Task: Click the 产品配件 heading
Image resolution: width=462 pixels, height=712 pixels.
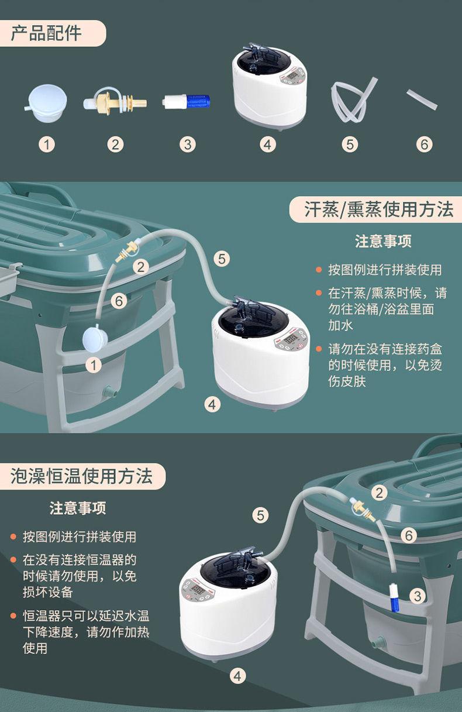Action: pyautogui.click(x=46, y=33)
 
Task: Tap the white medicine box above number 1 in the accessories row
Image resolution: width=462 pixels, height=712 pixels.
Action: pyautogui.click(x=46, y=103)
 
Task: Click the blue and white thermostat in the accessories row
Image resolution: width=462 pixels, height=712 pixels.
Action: pyautogui.click(x=186, y=102)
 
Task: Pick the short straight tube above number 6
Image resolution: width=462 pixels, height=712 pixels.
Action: pyautogui.click(x=422, y=99)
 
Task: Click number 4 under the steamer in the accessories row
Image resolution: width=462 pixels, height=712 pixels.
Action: pyautogui.click(x=267, y=145)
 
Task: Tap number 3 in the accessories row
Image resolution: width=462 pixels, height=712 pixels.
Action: pyautogui.click(x=188, y=145)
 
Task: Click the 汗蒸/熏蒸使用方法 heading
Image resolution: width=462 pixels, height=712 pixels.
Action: pyautogui.click(x=378, y=209)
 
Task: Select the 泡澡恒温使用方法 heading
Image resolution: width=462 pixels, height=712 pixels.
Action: pyautogui.click(x=82, y=476)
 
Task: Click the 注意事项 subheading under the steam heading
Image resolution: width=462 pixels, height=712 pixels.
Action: pyautogui.click(x=383, y=241)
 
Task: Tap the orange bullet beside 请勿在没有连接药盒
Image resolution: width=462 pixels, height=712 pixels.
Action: pyautogui.click(x=319, y=349)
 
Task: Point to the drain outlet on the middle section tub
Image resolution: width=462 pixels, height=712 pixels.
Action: pyautogui.click(x=110, y=391)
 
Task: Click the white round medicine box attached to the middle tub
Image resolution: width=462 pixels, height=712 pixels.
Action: pyautogui.click(x=94, y=338)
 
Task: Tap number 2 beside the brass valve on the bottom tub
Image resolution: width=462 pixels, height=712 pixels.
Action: pyautogui.click(x=380, y=493)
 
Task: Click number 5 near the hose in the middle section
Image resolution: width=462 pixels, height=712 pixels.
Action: pyautogui.click(x=222, y=259)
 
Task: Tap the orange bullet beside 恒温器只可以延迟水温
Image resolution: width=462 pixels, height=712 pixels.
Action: pyautogui.click(x=13, y=615)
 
